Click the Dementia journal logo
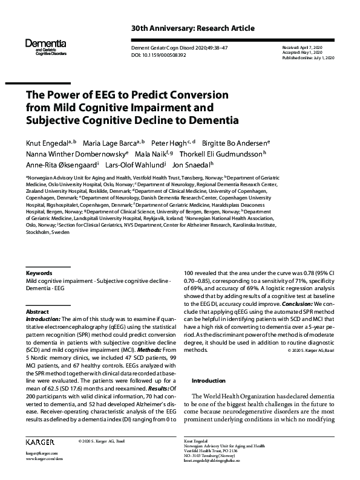coord(45,46)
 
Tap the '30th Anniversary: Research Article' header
coord(192,29)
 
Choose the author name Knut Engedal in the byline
coord(44,143)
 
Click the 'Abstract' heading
coord(37,310)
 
